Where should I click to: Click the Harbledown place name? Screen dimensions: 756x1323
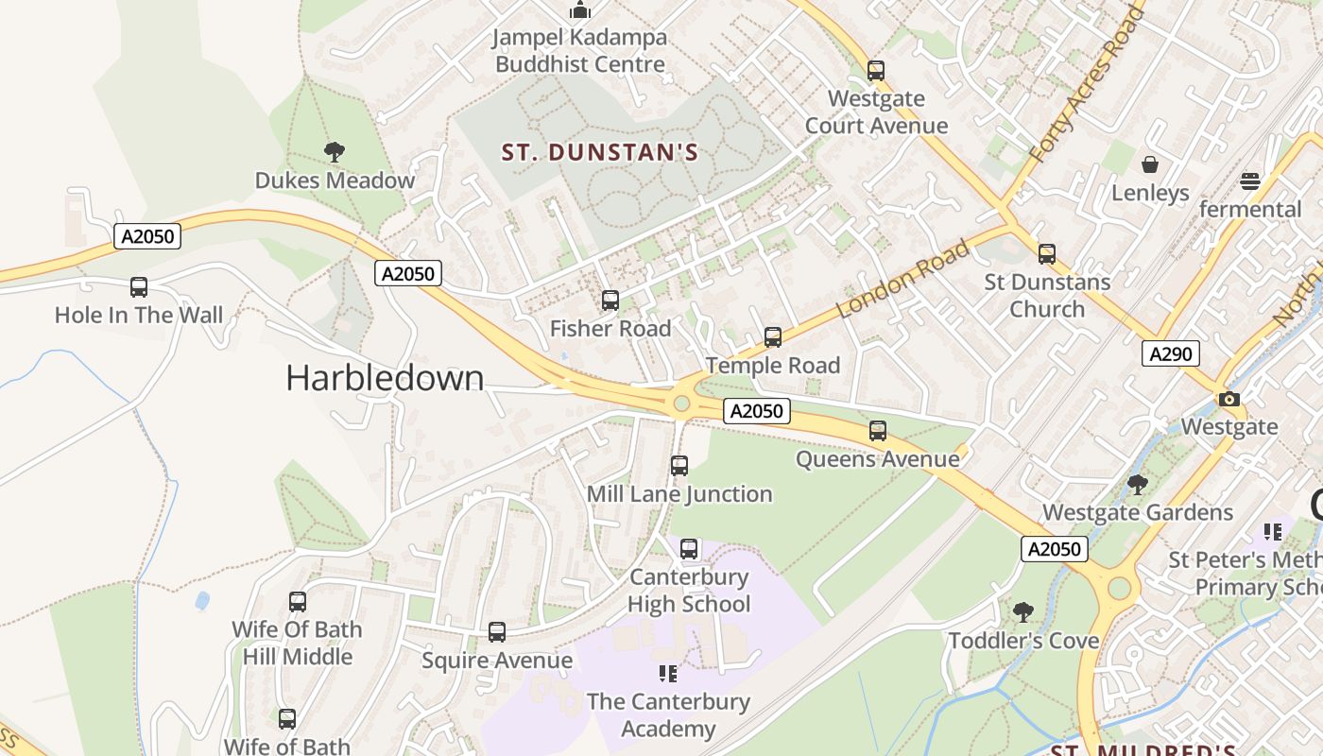click(x=385, y=378)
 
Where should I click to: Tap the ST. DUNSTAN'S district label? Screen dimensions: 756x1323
click(x=599, y=152)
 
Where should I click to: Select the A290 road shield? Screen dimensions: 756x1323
click(x=1171, y=353)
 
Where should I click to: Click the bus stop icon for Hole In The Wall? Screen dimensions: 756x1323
click(x=139, y=287)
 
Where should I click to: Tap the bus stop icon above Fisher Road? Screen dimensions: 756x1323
click(x=610, y=301)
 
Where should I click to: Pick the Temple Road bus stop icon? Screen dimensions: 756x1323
click(x=773, y=337)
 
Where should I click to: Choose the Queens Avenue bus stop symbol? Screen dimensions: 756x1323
click(x=878, y=431)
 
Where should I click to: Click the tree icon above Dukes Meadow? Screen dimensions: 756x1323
click(x=334, y=151)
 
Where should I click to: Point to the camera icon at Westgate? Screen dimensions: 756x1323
click(x=1228, y=399)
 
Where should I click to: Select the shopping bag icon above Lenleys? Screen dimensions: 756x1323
click(x=1150, y=165)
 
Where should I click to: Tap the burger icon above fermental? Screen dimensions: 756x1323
click(x=1250, y=180)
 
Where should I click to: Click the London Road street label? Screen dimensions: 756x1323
click(x=903, y=279)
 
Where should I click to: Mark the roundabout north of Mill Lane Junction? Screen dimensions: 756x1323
click(x=681, y=404)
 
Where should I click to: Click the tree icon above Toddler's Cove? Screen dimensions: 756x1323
click(x=1022, y=612)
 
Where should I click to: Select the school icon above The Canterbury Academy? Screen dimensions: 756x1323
click(x=668, y=674)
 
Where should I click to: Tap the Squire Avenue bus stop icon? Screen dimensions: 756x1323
click(x=497, y=632)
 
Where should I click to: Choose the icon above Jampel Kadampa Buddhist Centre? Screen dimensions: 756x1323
click(x=580, y=10)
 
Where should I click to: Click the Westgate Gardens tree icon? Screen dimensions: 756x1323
click(x=1137, y=485)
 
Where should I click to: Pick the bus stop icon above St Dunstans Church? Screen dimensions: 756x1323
click(x=1047, y=253)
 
